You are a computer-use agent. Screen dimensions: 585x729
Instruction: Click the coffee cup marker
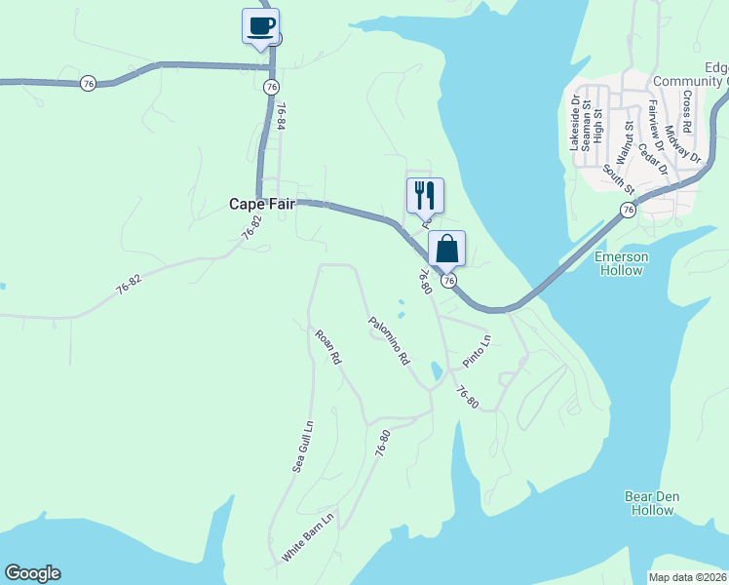[x=260, y=26]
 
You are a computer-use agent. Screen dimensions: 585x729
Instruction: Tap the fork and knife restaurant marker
[x=425, y=195]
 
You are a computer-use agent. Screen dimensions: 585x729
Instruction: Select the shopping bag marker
[x=446, y=249]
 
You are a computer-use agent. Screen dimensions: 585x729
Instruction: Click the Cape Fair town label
[x=261, y=204]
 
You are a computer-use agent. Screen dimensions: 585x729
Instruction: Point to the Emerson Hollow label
[x=620, y=263]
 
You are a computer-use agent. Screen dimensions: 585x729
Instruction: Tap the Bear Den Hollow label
[x=652, y=503]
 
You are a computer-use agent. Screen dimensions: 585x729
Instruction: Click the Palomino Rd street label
[x=389, y=340]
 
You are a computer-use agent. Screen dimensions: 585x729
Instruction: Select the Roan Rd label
[x=328, y=347]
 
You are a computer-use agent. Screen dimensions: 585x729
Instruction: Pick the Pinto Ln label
[x=478, y=350]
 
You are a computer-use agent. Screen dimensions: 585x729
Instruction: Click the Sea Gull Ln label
[x=303, y=448]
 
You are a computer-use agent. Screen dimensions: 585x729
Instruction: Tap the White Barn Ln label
[x=308, y=537]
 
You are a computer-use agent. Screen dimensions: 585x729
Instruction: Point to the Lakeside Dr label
[x=576, y=122]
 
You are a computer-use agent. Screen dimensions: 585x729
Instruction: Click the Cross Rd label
[x=687, y=112]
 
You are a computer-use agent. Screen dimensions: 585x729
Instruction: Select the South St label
[x=618, y=177]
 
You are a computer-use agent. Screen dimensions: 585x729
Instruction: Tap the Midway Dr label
[x=683, y=142]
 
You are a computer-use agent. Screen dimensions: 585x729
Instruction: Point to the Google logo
[x=32, y=573]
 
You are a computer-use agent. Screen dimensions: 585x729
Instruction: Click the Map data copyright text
[x=688, y=577]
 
